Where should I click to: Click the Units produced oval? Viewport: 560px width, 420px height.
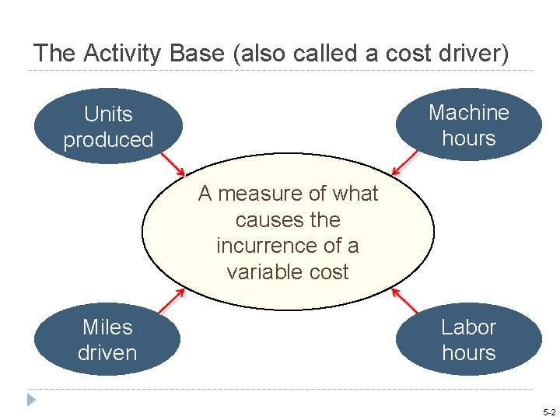108,127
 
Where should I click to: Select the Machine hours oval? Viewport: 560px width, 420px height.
468,124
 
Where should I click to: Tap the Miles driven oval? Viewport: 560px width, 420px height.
107,340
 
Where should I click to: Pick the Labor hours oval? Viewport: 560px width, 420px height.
468,340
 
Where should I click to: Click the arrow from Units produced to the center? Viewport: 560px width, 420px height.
172,163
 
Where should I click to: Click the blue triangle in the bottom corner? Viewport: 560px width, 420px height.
31,401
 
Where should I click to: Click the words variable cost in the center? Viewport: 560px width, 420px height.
288,272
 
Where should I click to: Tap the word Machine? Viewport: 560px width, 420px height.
468,113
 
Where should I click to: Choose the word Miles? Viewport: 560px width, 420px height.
107,327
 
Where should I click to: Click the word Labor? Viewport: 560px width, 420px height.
468,327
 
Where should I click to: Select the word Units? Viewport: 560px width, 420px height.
108,114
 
